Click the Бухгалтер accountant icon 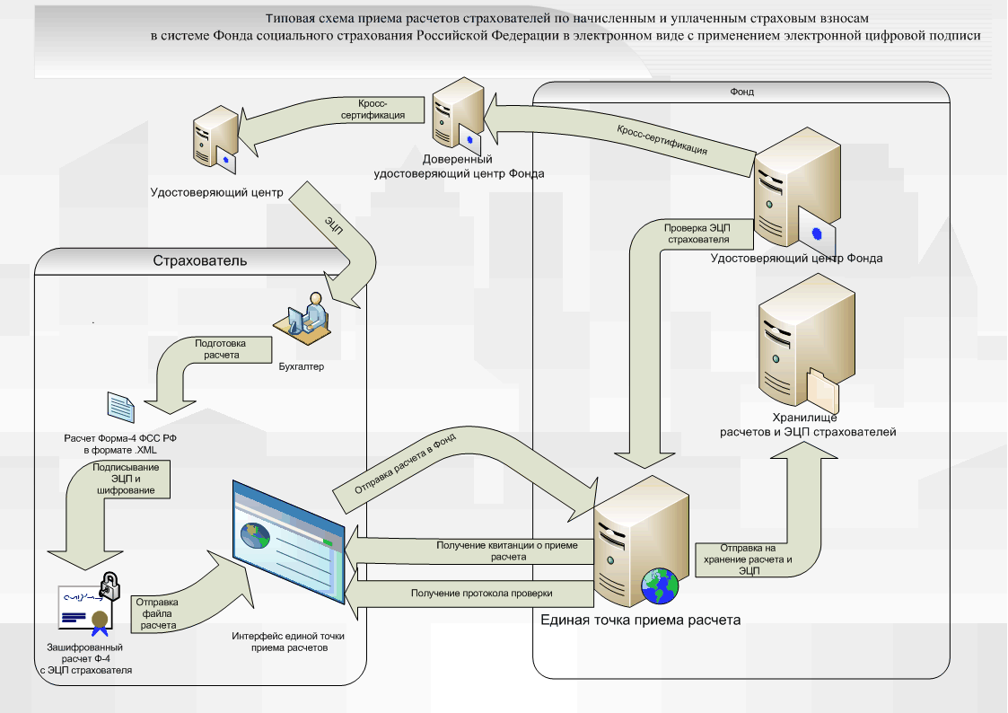[307, 319]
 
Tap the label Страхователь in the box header [199, 260]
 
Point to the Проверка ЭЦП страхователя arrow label [697, 233]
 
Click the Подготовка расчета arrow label [220, 348]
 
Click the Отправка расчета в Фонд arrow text [406, 465]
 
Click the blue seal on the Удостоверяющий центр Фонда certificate [817, 233]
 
